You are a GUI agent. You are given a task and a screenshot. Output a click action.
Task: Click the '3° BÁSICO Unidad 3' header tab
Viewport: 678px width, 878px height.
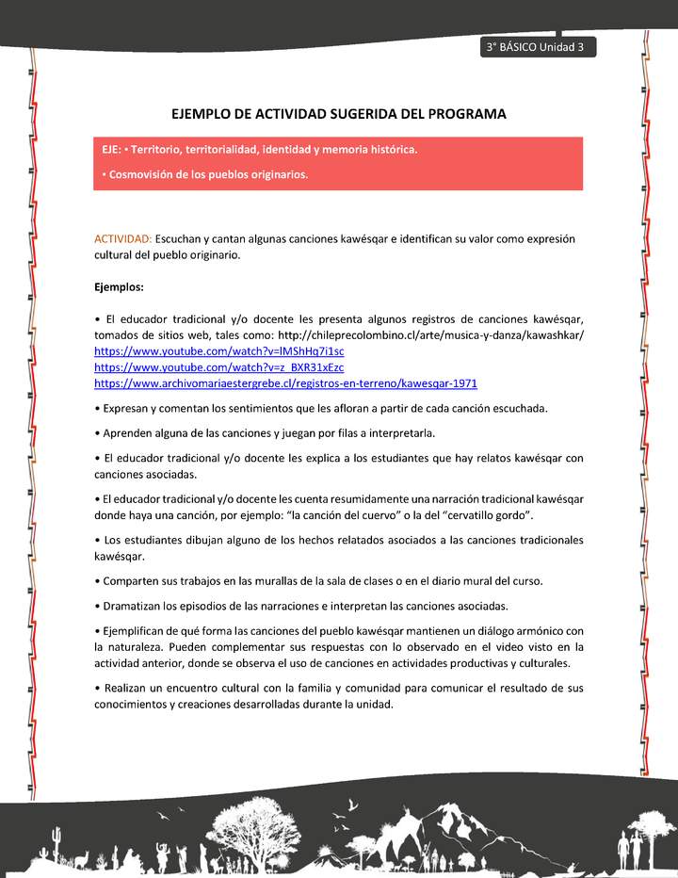pyautogui.click(x=537, y=48)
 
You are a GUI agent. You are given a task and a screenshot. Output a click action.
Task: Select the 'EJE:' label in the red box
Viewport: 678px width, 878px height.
pyautogui.click(x=113, y=150)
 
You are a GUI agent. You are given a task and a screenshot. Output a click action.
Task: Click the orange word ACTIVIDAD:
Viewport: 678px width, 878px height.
pyautogui.click(x=122, y=239)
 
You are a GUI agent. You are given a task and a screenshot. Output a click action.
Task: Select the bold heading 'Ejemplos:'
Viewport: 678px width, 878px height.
pyautogui.click(x=119, y=285)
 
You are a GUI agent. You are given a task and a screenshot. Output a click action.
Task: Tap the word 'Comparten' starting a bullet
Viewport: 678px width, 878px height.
pyautogui.click(x=132, y=581)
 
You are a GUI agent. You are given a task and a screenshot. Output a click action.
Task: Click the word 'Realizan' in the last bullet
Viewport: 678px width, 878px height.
pyautogui.click(x=127, y=688)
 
